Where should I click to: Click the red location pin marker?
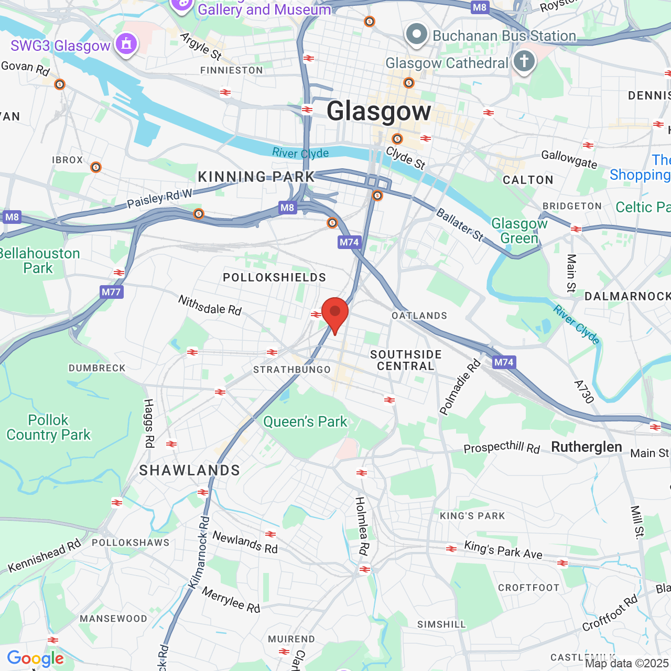335,313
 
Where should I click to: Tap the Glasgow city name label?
379,111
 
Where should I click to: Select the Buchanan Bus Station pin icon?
417,35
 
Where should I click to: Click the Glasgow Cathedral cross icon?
524,62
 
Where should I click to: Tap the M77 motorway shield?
111,292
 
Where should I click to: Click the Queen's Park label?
305,421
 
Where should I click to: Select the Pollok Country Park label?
48,427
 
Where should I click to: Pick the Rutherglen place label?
587,447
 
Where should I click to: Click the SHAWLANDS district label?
189,470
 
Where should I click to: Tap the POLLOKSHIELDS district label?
274,277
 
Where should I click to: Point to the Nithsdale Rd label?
210,305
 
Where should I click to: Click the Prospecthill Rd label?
502,447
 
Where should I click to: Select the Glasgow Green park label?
519,231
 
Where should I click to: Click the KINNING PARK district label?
256,177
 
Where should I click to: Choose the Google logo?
36,658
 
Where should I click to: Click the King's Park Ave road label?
503,550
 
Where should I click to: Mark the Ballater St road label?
460,224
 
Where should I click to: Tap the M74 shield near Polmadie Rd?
504,362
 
